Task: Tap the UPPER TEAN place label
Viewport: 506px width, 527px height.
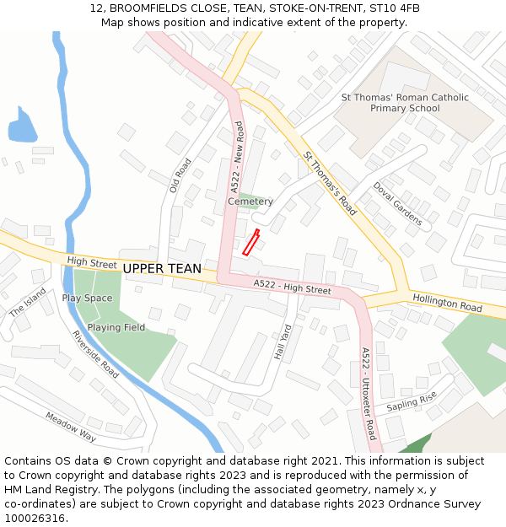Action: [x=162, y=269]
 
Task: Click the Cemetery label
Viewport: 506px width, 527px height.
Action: [x=250, y=202]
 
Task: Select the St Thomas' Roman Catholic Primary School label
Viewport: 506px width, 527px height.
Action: [x=405, y=103]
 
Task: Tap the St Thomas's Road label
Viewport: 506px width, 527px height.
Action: [x=330, y=184]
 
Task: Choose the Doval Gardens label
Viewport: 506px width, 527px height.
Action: [x=397, y=204]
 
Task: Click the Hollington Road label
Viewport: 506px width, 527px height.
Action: [x=447, y=304]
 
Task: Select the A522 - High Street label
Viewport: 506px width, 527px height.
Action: [x=292, y=288]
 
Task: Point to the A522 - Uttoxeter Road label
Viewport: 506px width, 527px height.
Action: [x=368, y=394]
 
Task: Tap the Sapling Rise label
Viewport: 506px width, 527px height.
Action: [x=412, y=402]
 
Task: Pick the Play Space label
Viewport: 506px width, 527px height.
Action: [x=87, y=298]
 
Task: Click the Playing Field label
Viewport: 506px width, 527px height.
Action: [x=116, y=327]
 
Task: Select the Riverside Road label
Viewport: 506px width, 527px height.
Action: [x=95, y=352]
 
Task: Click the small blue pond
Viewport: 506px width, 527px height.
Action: [x=22, y=127]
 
